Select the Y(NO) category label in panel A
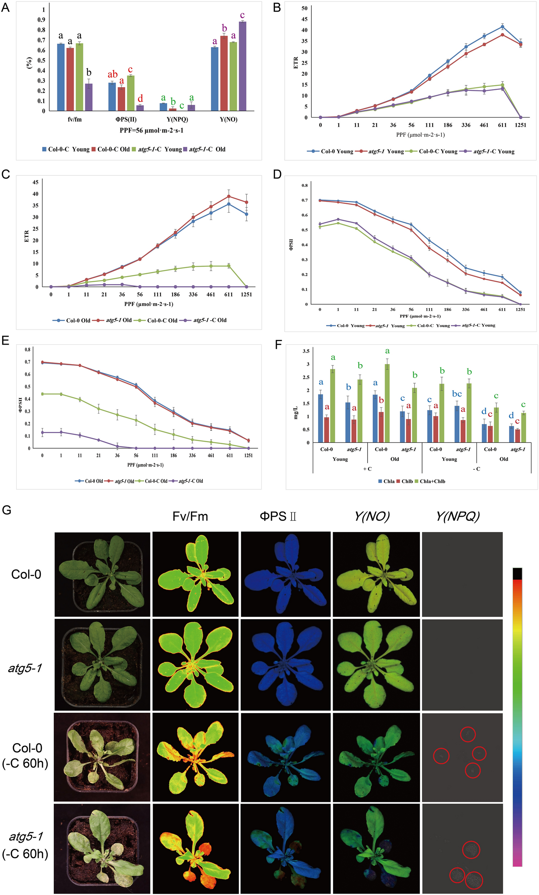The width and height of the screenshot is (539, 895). click(x=228, y=119)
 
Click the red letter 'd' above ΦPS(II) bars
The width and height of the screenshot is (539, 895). click(x=140, y=99)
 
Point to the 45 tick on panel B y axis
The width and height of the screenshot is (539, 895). click(x=304, y=19)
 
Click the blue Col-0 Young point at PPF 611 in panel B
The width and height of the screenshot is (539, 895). click(x=502, y=26)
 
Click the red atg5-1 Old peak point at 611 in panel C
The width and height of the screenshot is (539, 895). click(x=228, y=197)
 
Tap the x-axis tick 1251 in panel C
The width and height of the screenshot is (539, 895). click(x=246, y=294)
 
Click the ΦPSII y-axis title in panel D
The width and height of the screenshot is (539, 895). click(x=290, y=245)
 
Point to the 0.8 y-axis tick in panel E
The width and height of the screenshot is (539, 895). click(x=28, y=350)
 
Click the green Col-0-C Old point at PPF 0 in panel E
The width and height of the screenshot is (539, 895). click(x=43, y=394)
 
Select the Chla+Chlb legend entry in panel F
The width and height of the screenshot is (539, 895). click(x=432, y=481)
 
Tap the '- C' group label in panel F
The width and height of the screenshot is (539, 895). click(x=477, y=469)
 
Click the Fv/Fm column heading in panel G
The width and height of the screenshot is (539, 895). click(x=190, y=516)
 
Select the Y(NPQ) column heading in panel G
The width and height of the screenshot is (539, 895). click(x=457, y=516)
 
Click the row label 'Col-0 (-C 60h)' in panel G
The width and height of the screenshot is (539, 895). click(x=25, y=756)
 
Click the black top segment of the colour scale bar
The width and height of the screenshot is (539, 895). click(x=517, y=573)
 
